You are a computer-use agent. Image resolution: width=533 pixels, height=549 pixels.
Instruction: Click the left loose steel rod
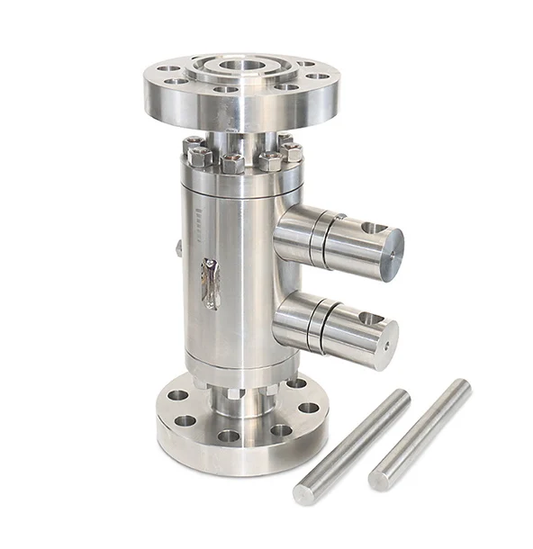point(351,445)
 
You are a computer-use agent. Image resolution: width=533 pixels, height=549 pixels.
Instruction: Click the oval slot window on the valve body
point(210,283)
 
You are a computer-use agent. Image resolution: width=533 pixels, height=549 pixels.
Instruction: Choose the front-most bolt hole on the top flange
point(226,90)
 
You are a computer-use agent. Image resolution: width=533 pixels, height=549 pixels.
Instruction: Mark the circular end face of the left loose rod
point(303,494)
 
